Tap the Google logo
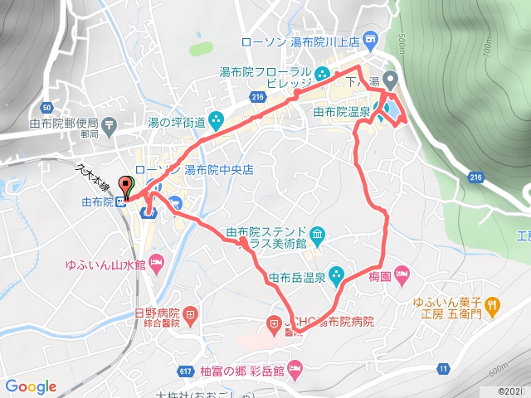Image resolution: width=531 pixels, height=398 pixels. (x=31, y=386)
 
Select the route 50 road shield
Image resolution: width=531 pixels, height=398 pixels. (x=46, y=108)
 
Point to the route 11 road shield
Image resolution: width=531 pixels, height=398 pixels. (x=444, y=367)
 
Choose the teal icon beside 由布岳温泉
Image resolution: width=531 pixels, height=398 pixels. (x=336, y=274)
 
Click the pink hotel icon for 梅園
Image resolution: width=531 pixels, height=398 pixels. (x=402, y=274)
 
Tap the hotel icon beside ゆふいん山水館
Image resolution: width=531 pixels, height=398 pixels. (x=158, y=265)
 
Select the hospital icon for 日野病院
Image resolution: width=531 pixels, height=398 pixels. (x=191, y=314)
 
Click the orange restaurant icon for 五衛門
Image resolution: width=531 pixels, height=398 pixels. (x=492, y=306)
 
